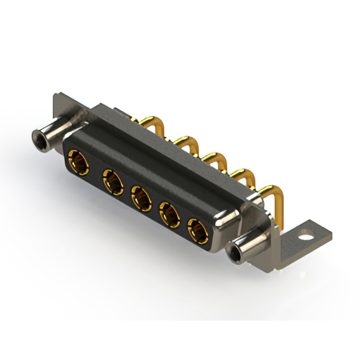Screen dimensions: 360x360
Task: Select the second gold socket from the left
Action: click(x=112, y=183)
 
